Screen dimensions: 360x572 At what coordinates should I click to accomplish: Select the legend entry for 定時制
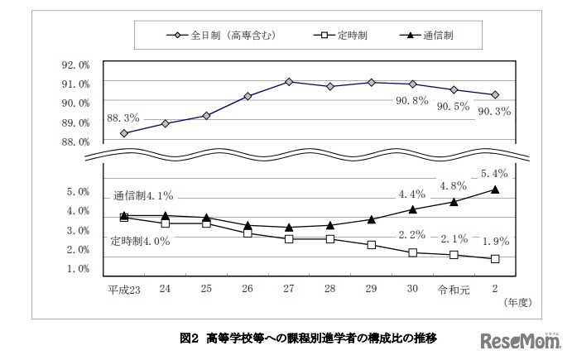344,36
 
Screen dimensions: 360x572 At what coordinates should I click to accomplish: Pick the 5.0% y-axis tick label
77,192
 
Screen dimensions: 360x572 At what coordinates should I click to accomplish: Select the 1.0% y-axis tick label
77,269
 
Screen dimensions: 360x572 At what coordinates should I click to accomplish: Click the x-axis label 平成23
123,289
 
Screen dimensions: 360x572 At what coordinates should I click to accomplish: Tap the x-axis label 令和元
453,289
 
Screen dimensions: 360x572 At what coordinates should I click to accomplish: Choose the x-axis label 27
288,289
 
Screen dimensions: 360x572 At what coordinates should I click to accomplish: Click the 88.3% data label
123,118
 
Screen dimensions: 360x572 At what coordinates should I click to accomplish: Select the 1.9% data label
494,241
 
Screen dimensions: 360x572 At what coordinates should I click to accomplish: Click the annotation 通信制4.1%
143,197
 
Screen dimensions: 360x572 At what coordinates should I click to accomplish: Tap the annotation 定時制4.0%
140,242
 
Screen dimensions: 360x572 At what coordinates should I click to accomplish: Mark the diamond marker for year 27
288,82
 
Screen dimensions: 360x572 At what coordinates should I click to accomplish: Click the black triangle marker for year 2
494,190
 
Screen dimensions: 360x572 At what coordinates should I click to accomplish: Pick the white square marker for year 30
412,252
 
